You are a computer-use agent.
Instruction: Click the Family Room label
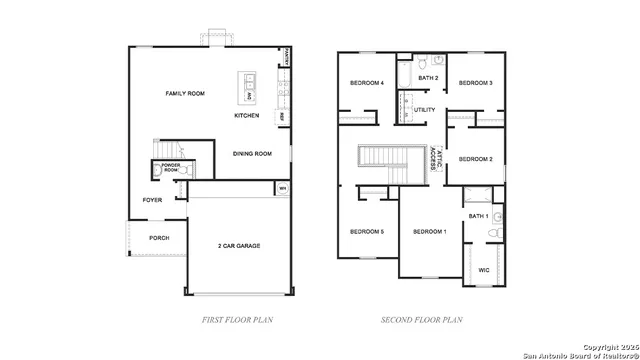coord(185,93)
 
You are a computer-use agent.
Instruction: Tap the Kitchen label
coord(247,116)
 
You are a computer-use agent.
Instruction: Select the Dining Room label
coord(252,153)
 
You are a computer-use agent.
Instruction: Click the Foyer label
coord(152,200)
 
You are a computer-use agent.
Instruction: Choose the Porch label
coord(159,238)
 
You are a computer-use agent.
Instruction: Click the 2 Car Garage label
coord(240,244)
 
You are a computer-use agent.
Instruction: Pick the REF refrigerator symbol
coord(283,117)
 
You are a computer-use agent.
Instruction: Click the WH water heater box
coord(283,187)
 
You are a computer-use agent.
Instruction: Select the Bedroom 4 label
coord(366,83)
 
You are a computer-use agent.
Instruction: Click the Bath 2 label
coord(428,78)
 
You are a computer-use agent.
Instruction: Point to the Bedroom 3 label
coord(475,83)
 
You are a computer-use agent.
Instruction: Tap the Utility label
coord(425,109)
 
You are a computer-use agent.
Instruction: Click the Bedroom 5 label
coord(366,232)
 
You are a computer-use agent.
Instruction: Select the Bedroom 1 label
coord(429,232)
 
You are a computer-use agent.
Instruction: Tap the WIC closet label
coord(484,270)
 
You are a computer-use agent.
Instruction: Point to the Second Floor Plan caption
coord(421,320)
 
